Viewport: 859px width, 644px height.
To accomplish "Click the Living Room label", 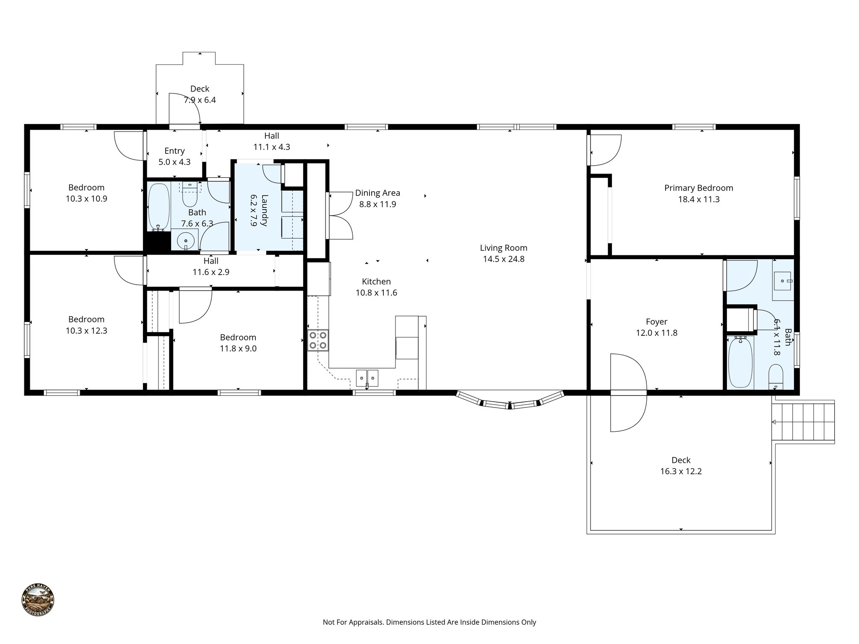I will [x=503, y=248].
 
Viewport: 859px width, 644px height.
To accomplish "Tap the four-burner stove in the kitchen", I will [x=318, y=340].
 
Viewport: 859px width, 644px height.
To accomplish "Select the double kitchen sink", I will [x=367, y=378].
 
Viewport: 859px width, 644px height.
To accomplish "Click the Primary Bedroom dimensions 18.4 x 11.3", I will [x=699, y=199].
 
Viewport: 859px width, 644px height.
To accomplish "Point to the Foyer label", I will [x=656, y=322].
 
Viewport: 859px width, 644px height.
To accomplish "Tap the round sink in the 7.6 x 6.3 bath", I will [x=185, y=241].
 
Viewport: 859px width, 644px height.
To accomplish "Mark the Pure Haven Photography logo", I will [x=38, y=600].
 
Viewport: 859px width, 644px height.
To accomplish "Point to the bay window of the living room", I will [x=510, y=402].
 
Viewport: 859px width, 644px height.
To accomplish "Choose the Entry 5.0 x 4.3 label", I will [x=174, y=156].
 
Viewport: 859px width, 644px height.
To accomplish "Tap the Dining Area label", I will [x=377, y=193].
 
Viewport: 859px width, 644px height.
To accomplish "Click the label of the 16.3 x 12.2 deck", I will [x=681, y=460].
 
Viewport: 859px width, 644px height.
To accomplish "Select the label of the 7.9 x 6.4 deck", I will [x=200, y=89].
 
